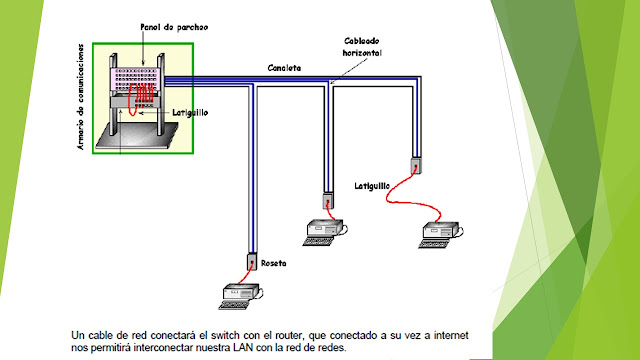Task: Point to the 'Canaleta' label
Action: click(x=284, y=69)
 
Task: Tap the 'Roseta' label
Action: click(x=274, y=264)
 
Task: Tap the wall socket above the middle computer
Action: click(x=327, y=199)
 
